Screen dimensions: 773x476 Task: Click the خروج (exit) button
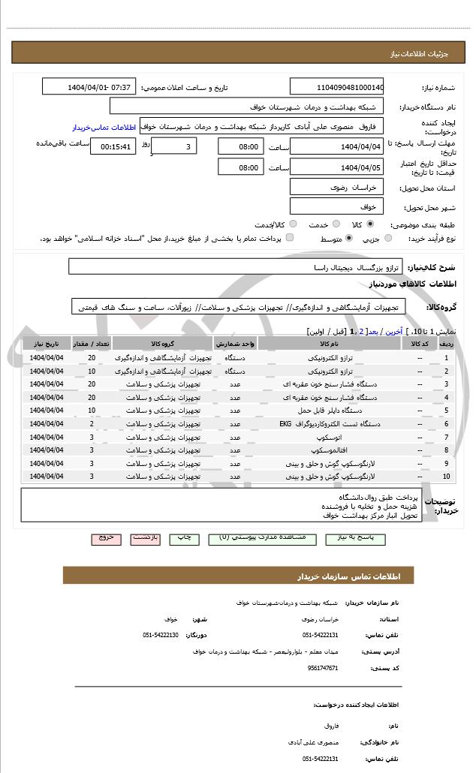106,539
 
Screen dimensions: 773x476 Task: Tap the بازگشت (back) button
146,539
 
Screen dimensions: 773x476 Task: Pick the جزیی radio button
387,239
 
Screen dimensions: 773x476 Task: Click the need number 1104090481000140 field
336,87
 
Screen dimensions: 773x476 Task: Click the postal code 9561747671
324,667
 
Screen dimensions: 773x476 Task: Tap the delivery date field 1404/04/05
336,168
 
